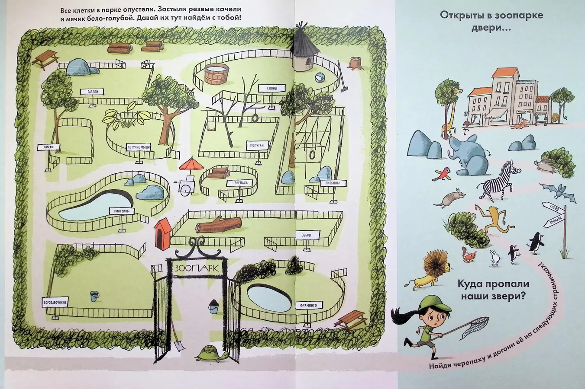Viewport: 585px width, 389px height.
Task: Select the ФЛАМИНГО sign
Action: click(x=307, y=306)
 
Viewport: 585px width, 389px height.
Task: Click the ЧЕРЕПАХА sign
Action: click(x=239, y=183)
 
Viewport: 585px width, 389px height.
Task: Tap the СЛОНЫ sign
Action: click(x=273, y=89)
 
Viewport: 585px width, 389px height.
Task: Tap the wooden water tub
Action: click(x=216, y=75)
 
